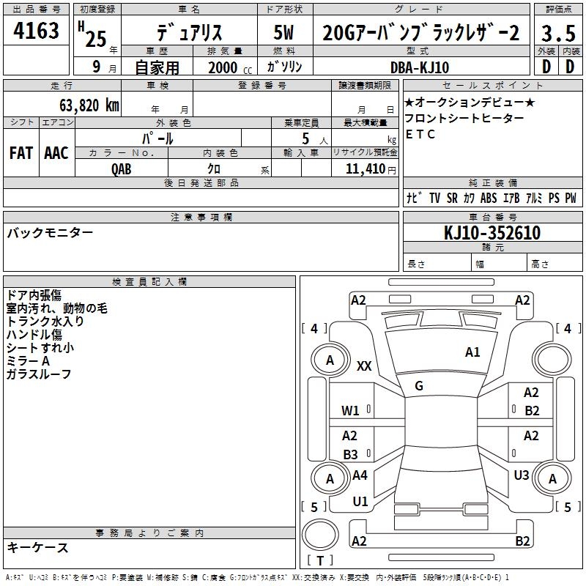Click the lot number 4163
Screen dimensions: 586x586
(x=36, y=31)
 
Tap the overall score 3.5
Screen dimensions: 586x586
(x=558, y=33)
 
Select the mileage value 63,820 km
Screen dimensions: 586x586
(x=89, y=105)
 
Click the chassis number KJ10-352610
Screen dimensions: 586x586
(x=492, y=233)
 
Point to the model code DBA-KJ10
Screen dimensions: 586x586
(x=420, y=67)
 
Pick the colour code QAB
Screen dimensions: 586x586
(x=122, y=169)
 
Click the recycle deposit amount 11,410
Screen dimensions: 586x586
(x=365, y=169)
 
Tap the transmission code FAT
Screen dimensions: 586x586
(x=21, y=153)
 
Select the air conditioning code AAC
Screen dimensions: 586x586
(x=56, y=153)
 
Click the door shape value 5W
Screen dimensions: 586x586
(x=283, y=32)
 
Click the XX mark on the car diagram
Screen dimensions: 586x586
(x=364, y=366)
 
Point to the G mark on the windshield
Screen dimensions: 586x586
(x=419, y=386)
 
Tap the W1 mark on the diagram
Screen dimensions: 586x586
(x=350, y=411)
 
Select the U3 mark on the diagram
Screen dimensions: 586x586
(x=522, y=475)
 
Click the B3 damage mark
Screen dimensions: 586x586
(x=350, y=455)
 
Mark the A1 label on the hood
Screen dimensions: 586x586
(x=472, y=352)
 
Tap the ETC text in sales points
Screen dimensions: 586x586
(x=420, y=134)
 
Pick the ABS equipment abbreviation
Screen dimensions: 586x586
(x=489, y=198)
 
